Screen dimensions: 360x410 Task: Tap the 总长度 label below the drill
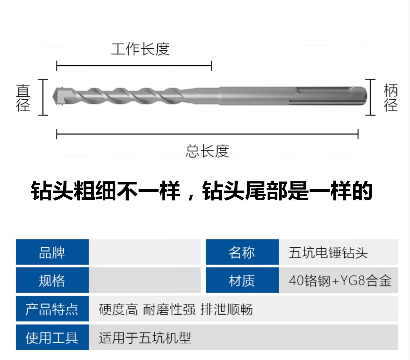pos(207,151)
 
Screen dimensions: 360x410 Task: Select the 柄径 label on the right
pos(391,98)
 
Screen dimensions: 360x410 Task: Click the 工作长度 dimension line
pos(134,66)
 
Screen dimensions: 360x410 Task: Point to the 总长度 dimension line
pos(207,134)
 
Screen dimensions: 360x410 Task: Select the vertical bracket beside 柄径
pos(370,97)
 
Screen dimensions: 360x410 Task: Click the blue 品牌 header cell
pos(52,252)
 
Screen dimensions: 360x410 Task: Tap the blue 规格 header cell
pos(52,280)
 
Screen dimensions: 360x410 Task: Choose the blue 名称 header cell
pos(242,252)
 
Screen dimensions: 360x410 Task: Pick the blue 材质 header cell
pos(242,280)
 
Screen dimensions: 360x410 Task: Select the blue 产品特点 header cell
pos(52,309)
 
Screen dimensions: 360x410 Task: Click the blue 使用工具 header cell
pos(52,338)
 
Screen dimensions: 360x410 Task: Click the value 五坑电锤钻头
pos(328,253)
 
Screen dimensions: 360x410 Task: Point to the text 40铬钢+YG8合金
pos(340,281)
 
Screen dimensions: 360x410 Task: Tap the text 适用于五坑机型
pos(145,338)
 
